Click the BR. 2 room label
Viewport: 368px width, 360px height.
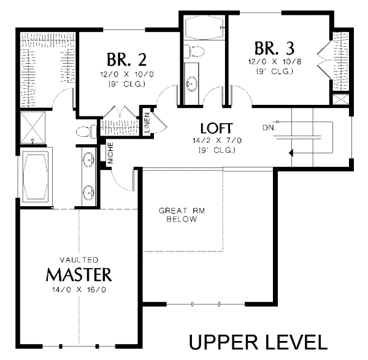(127, 59)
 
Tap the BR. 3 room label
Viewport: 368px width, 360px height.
(274, 48)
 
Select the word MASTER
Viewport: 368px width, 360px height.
(79, 274)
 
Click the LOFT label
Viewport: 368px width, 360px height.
(217, 128)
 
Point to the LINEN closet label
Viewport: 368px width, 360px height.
(147, 122)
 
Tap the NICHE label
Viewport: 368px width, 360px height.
(110, 153)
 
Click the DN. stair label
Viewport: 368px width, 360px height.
(269, 128)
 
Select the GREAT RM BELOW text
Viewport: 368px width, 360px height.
(182, 215)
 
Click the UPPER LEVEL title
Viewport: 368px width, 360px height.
(258, 342)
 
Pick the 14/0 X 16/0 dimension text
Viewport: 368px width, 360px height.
(79, 289)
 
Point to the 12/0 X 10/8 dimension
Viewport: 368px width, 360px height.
(275, 62)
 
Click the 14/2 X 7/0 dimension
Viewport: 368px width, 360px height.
(217, 140)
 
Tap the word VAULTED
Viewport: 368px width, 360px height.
(79, 260)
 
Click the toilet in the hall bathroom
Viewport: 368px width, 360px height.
(194, 52)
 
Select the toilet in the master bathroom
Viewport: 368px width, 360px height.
(86, 131)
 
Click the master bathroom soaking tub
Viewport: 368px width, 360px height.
(36, 175)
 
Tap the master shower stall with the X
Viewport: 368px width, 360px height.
(33, 127)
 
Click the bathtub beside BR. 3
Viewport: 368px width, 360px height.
(204, 28)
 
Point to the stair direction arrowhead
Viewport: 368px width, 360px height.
(291, 153)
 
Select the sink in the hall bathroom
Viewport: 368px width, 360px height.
(192, 84)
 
